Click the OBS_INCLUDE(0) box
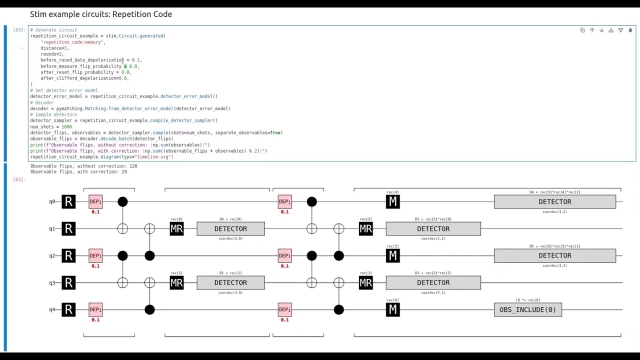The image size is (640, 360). click(527, 309)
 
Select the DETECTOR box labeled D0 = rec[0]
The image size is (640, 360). click(230, 228)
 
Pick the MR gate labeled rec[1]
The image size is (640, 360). click(176, 282)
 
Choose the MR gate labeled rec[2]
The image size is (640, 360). click(365, 228)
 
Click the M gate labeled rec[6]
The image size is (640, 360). click(392, 309)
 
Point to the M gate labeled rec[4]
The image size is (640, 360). click(392, 201)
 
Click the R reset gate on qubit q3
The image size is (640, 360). click(68, 282)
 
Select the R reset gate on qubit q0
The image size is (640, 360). click(68, 201)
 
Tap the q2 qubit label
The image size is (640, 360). click(52, 255)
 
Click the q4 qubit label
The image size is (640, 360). click(52, 309)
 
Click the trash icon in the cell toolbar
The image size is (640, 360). click(630, 30)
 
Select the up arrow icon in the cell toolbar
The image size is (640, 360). click(592, 30)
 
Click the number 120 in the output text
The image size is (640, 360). click(133, 166)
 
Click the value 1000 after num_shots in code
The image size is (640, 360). click(66, 126)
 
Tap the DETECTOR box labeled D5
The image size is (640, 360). click(554, 255)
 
